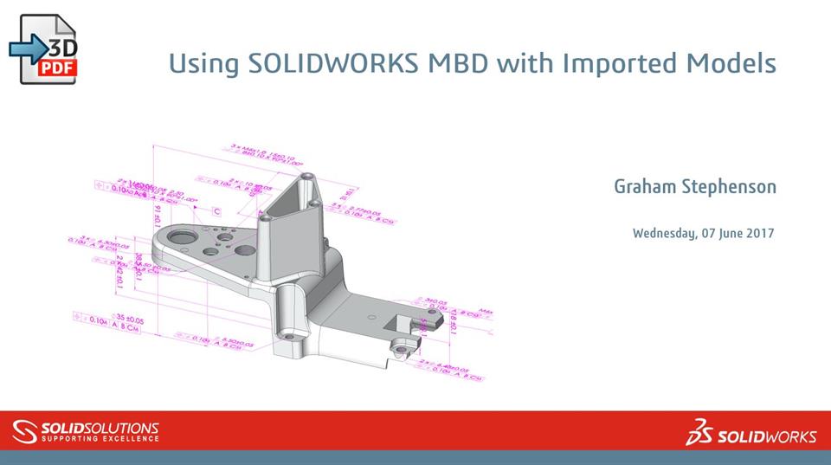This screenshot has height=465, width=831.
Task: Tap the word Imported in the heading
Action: click(x=628, y=63)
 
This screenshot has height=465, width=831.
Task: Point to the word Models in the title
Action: click(x=734, y=63)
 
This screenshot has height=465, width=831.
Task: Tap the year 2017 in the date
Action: click(x=759, y=233)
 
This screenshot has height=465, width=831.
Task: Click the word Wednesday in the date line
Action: click(x=664, y=233)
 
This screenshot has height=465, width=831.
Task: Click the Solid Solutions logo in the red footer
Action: click(x=87, y=430)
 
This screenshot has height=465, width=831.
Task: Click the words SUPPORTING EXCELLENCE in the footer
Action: click(x=100, y=439)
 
